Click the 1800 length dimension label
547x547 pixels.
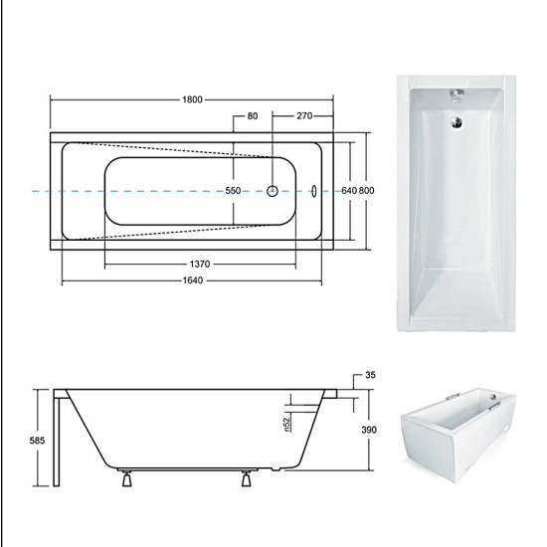pos(192,99)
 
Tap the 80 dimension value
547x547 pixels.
pos(253,115)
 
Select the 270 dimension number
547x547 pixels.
pos(304,115)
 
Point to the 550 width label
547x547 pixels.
pos(233,191)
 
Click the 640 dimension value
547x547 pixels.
pos(349,191)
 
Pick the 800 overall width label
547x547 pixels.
pos(366,191)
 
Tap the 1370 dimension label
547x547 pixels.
pos(200,265)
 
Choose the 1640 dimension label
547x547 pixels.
pos(193,280)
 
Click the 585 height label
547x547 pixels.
pos(37,441)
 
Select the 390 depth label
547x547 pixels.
pos(369,430)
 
